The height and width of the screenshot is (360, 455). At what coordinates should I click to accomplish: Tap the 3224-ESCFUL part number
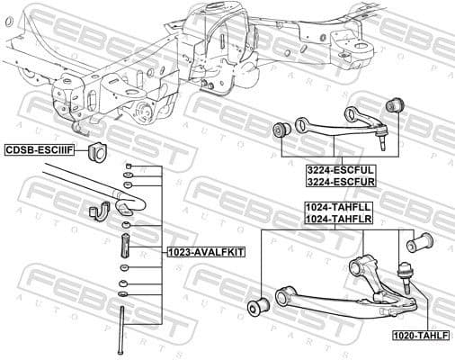click(x=340, y=168)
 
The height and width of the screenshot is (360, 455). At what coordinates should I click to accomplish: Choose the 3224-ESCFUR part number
click(x=340, y=181)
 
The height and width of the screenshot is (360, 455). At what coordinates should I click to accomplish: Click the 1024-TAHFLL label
click(x=339, y=207)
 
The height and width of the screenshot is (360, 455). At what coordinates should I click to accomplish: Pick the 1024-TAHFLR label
click(x=339, y=219)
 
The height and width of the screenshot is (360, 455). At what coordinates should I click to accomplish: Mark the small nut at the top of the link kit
click(x=128, y=167)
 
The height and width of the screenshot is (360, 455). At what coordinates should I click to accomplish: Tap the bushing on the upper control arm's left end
click(x=281, y=131)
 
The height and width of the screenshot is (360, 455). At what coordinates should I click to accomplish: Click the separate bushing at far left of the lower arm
click(x=256, y=306)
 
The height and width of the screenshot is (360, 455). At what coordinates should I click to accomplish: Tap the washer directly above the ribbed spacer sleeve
click(x=127, y=224)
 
